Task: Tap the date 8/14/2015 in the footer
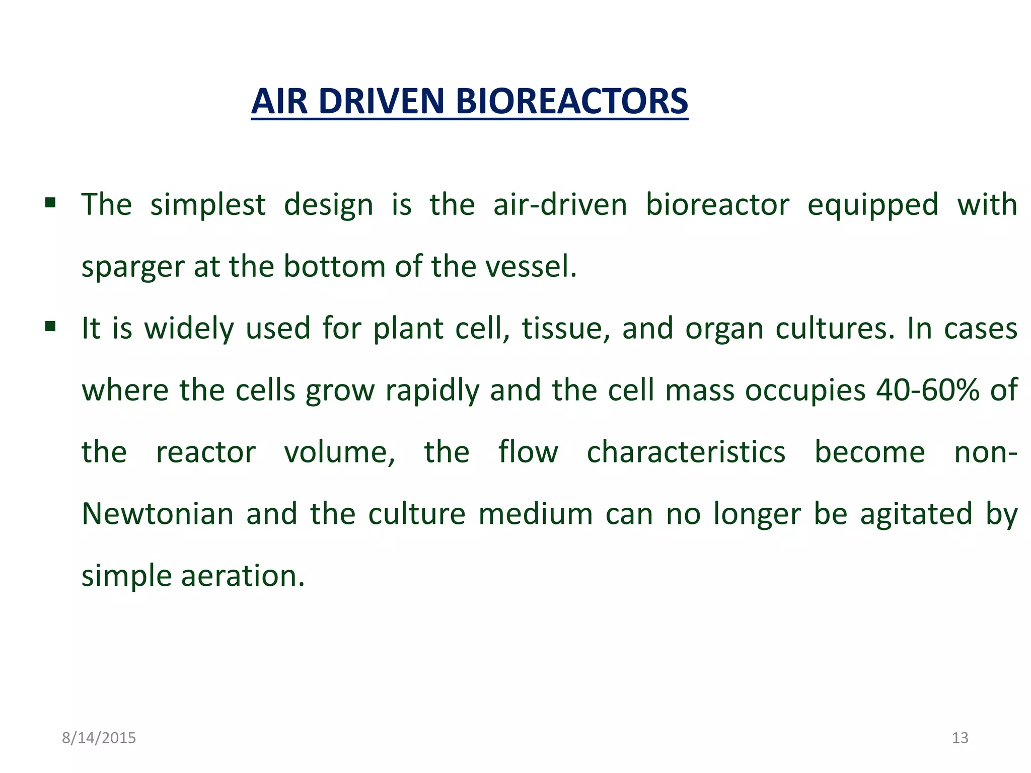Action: (99, 738)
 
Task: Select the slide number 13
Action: (960, 738)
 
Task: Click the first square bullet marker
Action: (50, 203)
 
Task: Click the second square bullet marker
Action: (50, 327)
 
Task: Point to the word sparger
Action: (132, 267)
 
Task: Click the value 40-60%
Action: (927, 390)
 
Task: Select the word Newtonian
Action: (158, 514)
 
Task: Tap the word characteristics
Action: (686, 452)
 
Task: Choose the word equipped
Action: (873, 205)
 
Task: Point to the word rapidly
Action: (432, 391)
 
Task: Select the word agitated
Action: (916, 514)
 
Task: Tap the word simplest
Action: (208, 205)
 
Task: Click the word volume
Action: (339, 452)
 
